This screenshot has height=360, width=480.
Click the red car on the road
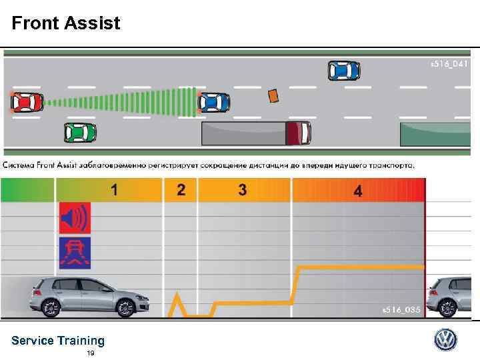(x=27, y=102)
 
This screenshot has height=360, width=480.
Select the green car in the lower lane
(x=80, y=133)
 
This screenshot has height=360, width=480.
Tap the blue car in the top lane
(x=344, y=70)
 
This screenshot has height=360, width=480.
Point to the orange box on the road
(x=273, y=96)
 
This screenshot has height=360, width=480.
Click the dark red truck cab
(x=298, y=133)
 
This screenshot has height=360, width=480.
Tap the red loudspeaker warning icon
(x=74, y=217)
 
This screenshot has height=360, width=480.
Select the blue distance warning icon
(x=74, y=251)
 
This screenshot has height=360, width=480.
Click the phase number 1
(x=115, y=191)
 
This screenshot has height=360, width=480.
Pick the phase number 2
(x=181, y=191)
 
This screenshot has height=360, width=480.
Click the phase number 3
(x=242, y=191)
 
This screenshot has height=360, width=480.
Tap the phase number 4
(x=358, y=192)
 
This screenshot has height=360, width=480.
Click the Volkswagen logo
(x=446, y=340)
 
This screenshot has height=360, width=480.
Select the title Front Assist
(x=66, y=24)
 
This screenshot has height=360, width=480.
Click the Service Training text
(x=58, y=341)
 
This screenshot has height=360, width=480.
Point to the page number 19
(x=90, y=353)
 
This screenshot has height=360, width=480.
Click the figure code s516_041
(x=449, y=64)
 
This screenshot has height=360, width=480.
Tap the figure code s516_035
(x=401, y=310)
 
